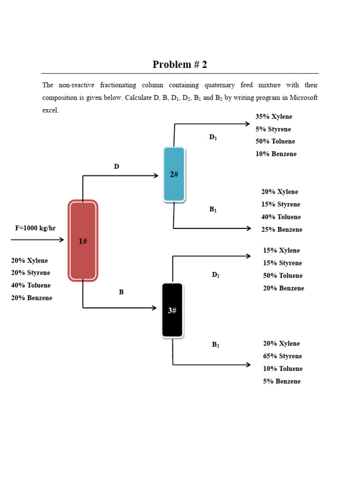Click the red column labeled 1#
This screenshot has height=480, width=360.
point(83,240)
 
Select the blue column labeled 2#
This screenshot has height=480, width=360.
point(174,174)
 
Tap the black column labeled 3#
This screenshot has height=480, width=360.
point(172,310)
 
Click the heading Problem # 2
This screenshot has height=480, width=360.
point(180,65)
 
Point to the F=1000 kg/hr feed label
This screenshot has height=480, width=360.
point(35,228)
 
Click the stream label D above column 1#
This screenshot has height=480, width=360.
point(116,166)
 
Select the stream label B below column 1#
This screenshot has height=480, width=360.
point(121,292)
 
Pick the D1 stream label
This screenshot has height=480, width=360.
point(213,137)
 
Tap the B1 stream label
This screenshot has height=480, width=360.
point(213,210)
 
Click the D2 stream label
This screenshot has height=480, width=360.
point(216,275)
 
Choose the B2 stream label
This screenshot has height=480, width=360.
point(216,345)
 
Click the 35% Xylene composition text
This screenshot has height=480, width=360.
point(274,117)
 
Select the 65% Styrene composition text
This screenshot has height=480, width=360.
point(282,356)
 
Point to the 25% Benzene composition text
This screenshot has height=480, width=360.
point(282,230)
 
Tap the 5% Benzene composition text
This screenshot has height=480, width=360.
point(282,382)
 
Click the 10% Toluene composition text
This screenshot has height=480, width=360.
point(283,369)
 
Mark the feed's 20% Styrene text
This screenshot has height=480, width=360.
point(30,273)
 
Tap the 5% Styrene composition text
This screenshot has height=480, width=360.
point(273,129)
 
